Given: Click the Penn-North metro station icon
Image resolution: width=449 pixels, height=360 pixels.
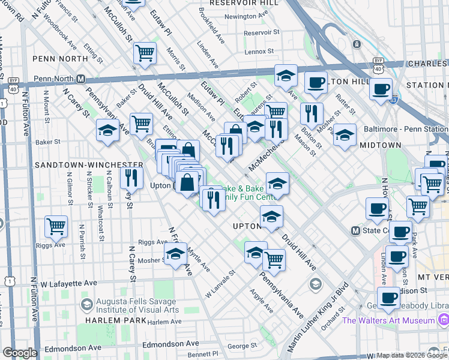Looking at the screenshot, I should pos(80,79).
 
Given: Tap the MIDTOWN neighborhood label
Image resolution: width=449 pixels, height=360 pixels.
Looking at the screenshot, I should pos(380,145).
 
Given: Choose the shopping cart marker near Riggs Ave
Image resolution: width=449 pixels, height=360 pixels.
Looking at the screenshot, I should pos(56,227).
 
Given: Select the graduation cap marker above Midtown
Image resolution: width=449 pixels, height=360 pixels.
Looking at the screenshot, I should pos(345,135).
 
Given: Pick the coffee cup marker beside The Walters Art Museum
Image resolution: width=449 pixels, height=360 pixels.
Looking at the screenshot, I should pos(388,298).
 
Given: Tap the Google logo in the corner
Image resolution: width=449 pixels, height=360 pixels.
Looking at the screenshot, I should pos(20,353).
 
